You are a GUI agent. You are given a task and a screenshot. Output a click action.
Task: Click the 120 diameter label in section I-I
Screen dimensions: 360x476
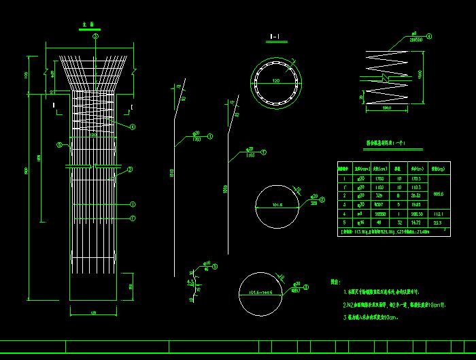276,80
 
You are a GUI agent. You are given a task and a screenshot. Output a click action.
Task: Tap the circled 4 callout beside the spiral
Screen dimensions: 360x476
429,36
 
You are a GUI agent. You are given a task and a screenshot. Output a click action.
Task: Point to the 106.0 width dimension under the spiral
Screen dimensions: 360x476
387,108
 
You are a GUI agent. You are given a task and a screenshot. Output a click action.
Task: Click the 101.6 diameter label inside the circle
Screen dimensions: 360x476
276,203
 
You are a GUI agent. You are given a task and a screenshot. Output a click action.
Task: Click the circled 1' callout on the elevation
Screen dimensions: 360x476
133,218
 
